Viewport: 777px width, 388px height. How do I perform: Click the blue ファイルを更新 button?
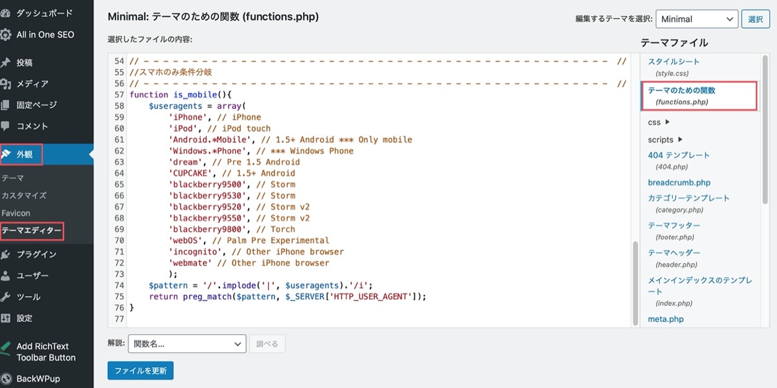tap(141, 371)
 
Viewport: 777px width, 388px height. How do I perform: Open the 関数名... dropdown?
tap(187, 343)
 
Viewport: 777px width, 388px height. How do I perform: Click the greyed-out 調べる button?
tap(267, 343)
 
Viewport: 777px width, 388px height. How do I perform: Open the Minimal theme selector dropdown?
tap(697, 19)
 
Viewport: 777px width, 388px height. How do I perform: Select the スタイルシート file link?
tap(673, 62)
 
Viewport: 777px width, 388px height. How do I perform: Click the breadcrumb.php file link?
tap(679, 183)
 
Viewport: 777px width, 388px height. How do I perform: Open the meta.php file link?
tap(666, 319)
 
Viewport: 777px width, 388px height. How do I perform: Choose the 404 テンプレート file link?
tap(679, 155)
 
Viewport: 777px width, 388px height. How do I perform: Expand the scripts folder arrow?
tap(681, 139)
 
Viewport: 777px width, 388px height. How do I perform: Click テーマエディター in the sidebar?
tap(32, 231)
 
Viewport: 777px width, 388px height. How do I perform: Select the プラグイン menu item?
tap(36, 255)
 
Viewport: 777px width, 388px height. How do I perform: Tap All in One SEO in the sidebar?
tap(45, 35)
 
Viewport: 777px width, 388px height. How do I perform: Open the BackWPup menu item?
tap(38, 379)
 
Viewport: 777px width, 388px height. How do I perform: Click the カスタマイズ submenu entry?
tap(24, 196)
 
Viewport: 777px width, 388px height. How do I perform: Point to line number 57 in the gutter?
tap(119, 95)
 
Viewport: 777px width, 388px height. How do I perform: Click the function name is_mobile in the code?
tap(196, 95)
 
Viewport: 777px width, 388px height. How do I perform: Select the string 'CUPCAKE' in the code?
tap(190, 173)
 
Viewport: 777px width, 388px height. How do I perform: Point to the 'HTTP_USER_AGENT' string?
tap(371, 297)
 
